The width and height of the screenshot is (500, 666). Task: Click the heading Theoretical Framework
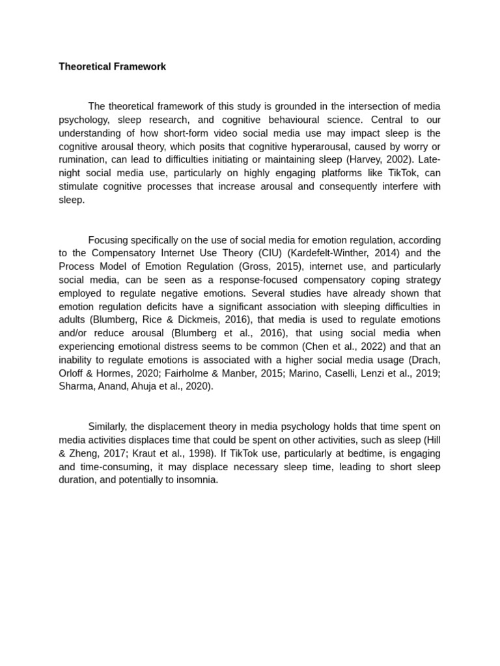tap(112, 66)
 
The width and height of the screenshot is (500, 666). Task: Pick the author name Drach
tap(425, 360)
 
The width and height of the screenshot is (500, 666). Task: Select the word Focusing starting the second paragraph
tap(109, 240)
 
